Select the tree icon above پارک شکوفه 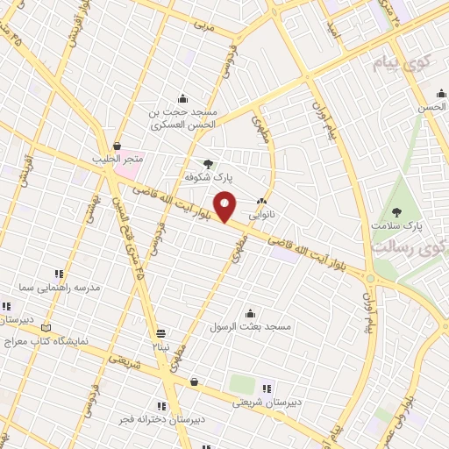[x=208, y=163]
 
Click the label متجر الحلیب [x=117, y=160]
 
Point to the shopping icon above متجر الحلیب [x=117, y=146]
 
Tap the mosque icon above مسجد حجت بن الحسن [x=182, y=97]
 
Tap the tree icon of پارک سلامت [x=396, y=211]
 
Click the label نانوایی [x=262, y=213]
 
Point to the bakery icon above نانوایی [x=262, y=201]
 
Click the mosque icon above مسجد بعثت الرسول [x=251, y=313]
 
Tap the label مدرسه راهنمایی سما [x=66, y=288]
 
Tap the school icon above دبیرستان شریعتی [x=267, y=388]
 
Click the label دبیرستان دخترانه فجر [x=163, y=419]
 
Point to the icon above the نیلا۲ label [x=161, y=333]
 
